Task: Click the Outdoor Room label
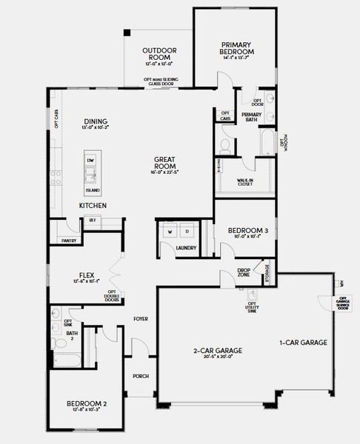[x=160, y=53]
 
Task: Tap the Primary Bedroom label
[x=237, y=49]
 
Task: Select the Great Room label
[x=164, y=160]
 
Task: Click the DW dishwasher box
[x=90, y=161]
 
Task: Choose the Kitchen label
[x=93, y=204]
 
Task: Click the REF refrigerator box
[x=93, y=220]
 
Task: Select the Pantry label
[x=69, y=240]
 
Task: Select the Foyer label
[x=141, y=319]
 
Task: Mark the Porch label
[x=141, y=376]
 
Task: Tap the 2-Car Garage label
[x=219, y=351]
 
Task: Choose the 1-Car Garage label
[x=303, y=343]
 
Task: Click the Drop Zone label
[x=243, y=272]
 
